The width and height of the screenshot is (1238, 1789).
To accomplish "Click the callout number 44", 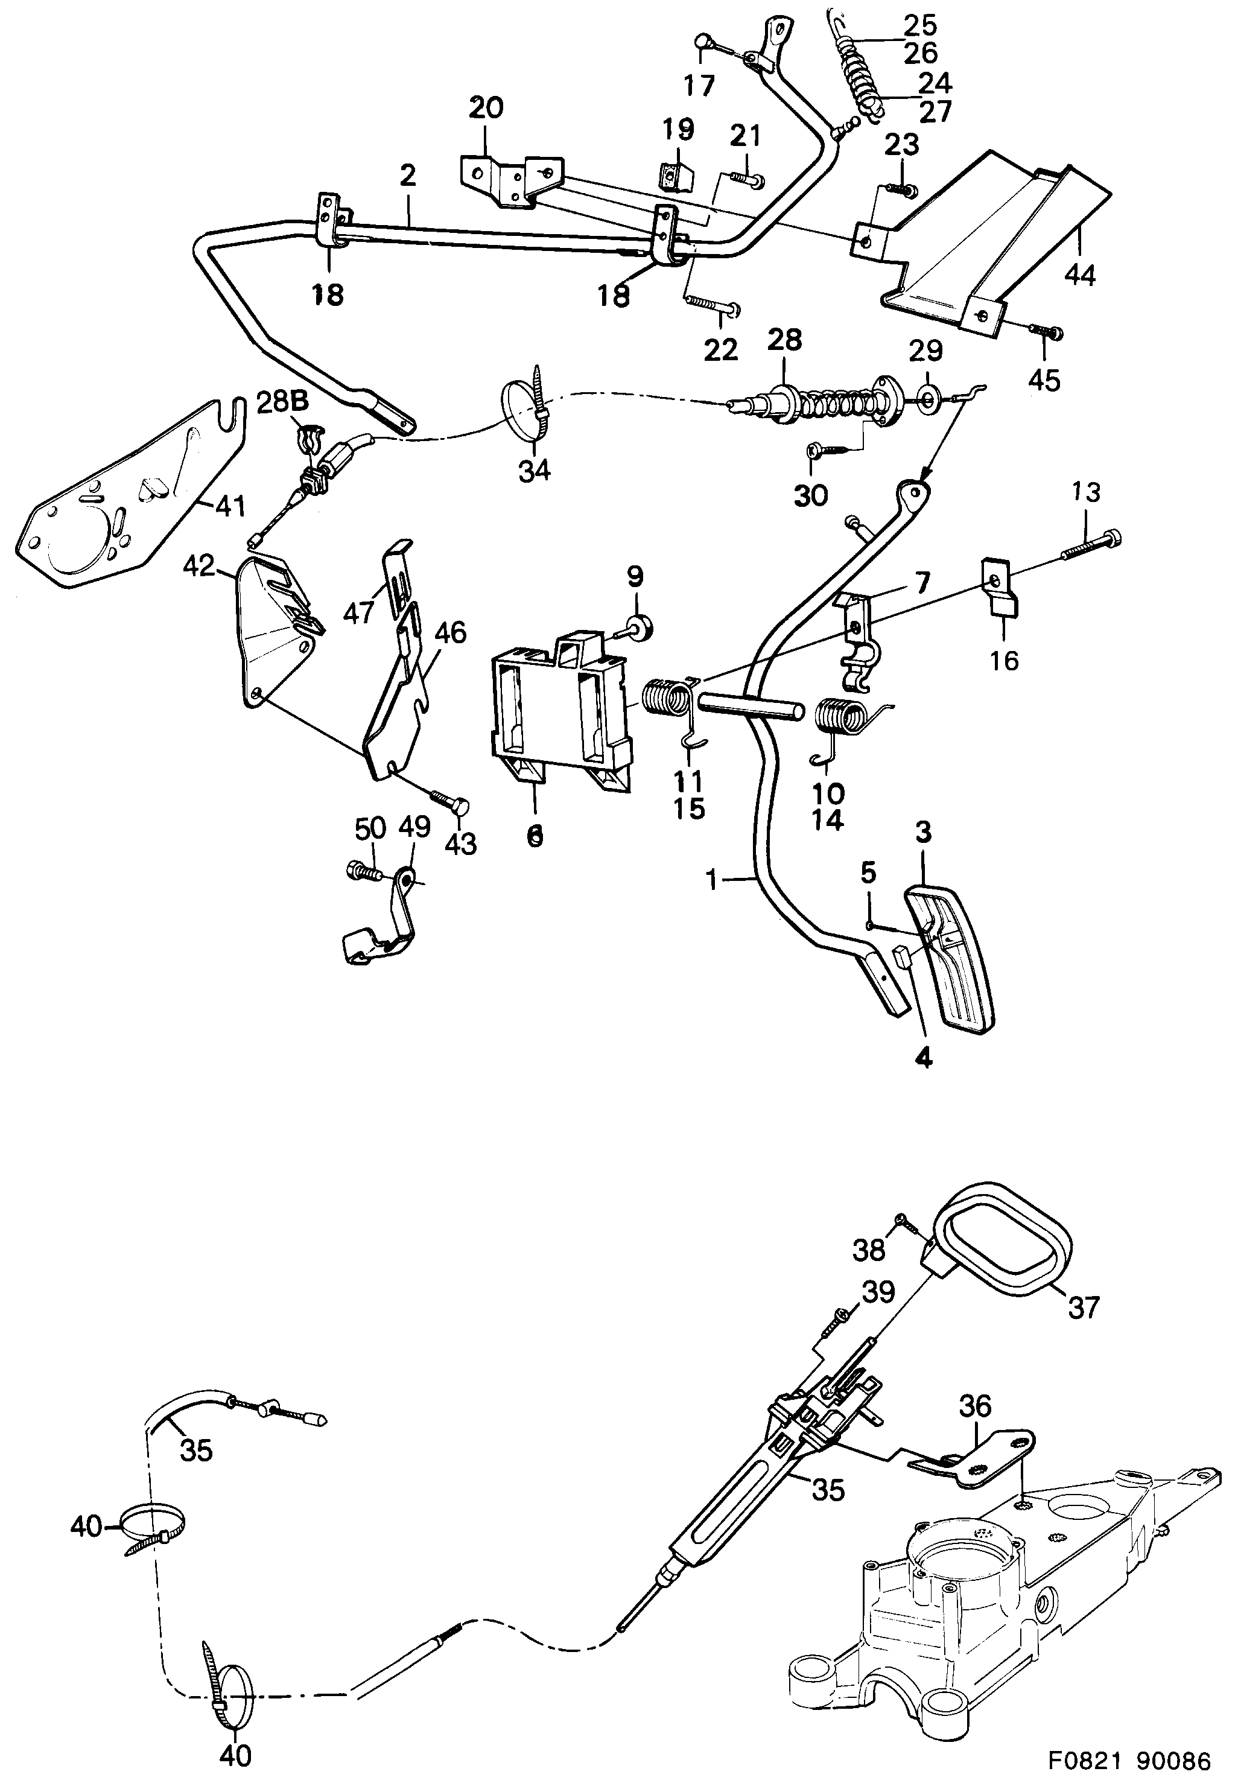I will (x=1080, y=274).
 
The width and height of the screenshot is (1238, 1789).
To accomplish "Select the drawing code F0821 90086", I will (x=1129, y=1761).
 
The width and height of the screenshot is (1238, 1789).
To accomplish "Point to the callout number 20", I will (x=486, y=108).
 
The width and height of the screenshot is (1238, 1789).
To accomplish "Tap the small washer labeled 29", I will (x=929, y=399).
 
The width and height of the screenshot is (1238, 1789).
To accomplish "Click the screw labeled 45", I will (x=1047, y=332).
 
